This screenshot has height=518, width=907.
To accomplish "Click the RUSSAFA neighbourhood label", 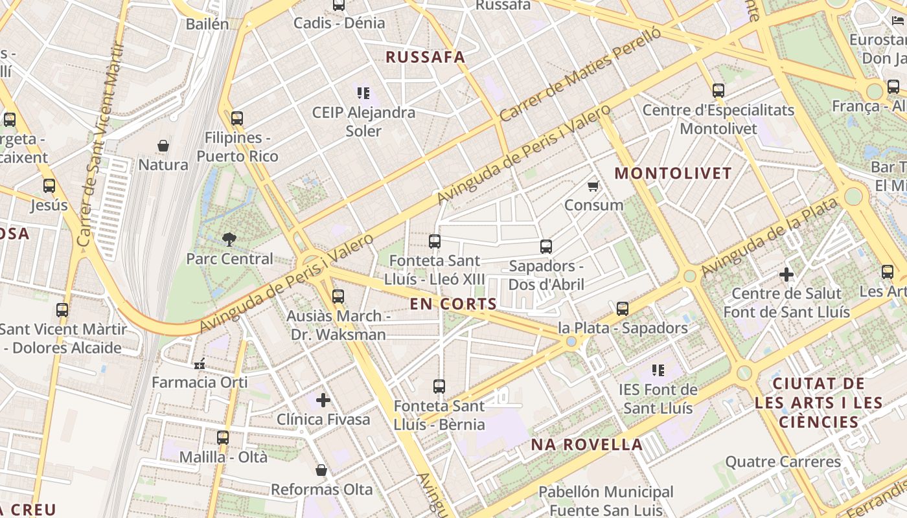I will tap(426, 57).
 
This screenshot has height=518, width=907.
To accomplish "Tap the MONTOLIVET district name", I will tap(672, 174).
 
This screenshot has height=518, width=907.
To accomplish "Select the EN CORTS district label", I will tap(454, 304).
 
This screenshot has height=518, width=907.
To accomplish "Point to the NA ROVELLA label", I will tap(587, 445).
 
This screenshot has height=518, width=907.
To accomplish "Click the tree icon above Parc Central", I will tap(229, 240).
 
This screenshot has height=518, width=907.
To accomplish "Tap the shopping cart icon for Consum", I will tap(593, 186).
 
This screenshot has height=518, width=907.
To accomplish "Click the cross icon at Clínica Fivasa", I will tap(323, 400).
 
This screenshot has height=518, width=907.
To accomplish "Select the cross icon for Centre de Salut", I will tap(786, 275).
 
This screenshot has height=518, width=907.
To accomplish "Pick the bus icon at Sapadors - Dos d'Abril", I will tap(546, 247).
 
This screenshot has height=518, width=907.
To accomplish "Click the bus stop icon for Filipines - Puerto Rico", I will tap(237, 118).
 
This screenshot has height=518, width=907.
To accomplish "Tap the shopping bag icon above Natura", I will tap(163, 146).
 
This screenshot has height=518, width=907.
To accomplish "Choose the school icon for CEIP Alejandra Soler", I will tap(363, 93).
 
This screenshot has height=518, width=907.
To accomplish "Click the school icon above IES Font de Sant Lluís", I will tap(658, 370).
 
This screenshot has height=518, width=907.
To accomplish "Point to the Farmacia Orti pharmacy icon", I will tap(200, 364).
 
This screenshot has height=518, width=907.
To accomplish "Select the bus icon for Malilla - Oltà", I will tap(223, 438).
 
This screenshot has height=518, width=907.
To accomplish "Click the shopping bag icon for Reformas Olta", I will tap(321, 470).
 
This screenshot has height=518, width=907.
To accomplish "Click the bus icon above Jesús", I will tap(49, 186).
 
